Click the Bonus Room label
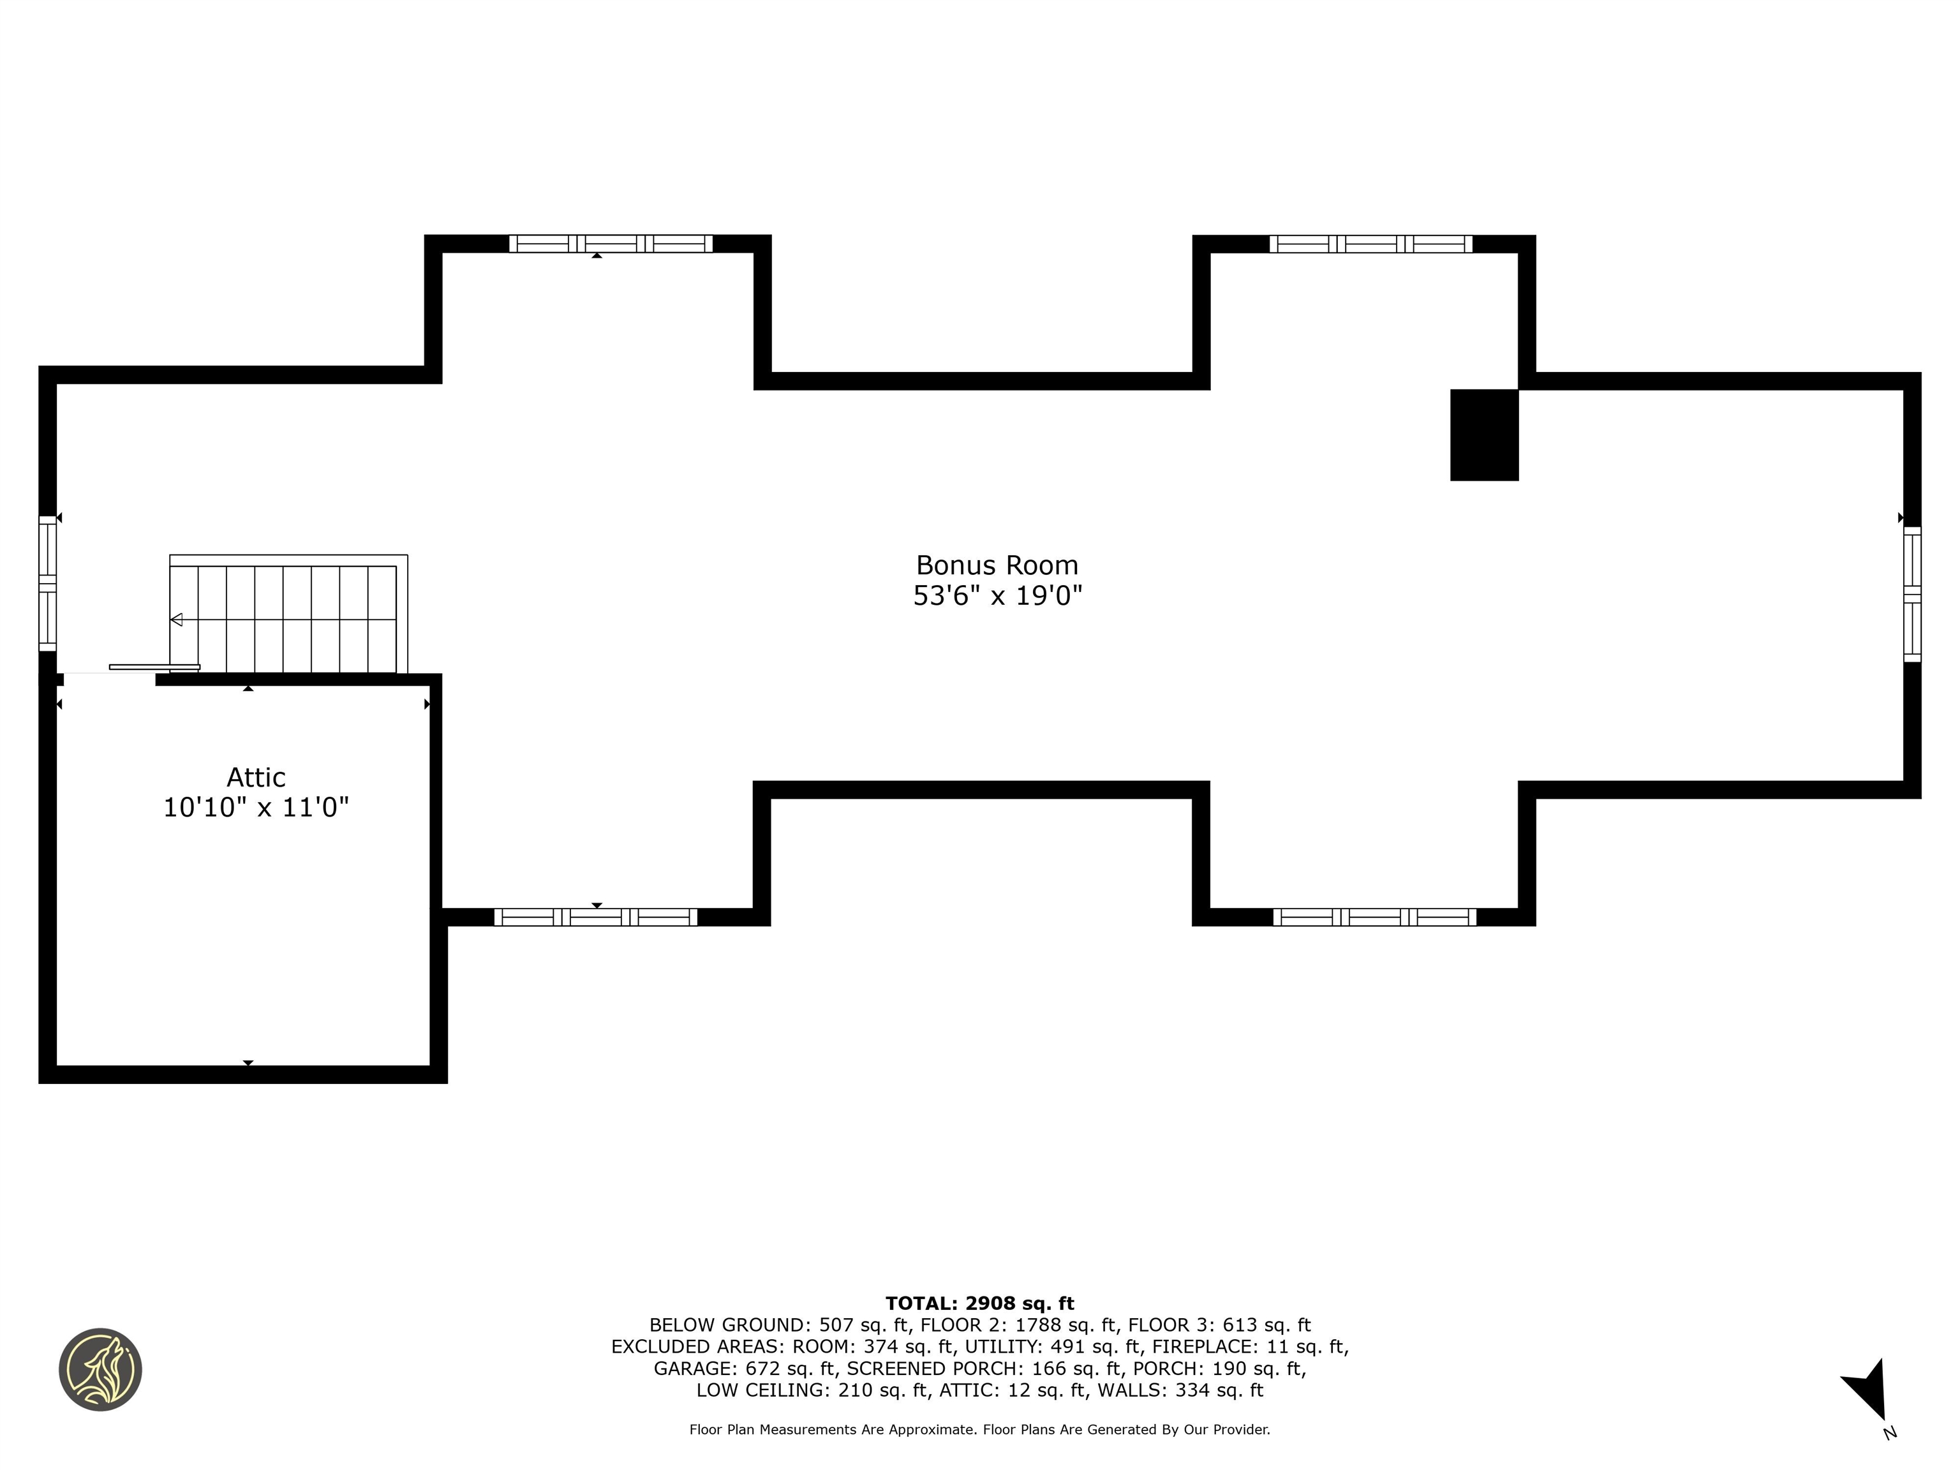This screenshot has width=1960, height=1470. (x=997, y=565)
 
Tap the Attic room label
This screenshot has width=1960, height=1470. (x=256, y=777)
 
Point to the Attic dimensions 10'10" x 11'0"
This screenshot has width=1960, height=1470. (x=256, y=807)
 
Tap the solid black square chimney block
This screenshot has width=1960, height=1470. (x=1484, y=435)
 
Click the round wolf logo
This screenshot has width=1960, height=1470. (x=100, y=1369)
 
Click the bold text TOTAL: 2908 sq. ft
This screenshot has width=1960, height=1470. (x=979, y=1303)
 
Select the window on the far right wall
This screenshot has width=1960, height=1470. (x=1912, y=593)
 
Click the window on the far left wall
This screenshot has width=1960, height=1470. (x=48, y=583)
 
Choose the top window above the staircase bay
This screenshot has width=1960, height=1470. (x=611, y=244)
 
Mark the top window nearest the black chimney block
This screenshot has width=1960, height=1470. (x=1370, y=244)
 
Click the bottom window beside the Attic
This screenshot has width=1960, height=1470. (x=595, y=917)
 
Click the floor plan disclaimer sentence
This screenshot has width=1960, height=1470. (x=980, y=1429)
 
